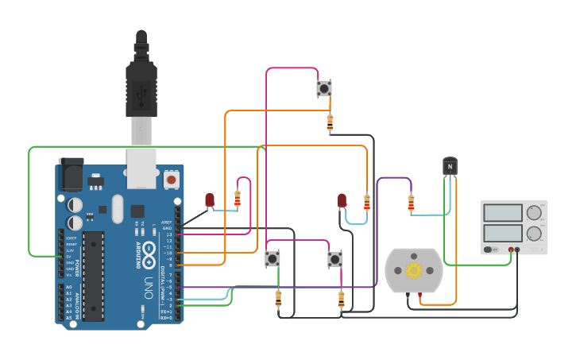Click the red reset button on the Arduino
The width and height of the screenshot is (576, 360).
(171, 180)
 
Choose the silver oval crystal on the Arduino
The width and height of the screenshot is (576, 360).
(118, 209)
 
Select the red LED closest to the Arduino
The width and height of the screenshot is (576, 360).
(210, 199)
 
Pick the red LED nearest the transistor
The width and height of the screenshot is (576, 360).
(342, 200)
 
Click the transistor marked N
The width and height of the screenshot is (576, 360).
(450, 166)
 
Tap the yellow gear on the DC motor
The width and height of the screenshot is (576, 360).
(413, 270)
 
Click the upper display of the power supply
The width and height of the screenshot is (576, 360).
(502, 212)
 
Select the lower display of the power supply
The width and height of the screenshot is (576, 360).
(502, 234)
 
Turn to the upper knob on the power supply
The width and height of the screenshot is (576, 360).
(534, 212)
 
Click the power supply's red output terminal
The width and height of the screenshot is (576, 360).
(511, 250)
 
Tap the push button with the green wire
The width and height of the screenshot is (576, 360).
(273, 258)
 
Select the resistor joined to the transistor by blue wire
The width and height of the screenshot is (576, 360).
(411, 204)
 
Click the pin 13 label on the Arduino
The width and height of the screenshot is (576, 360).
(168, 234)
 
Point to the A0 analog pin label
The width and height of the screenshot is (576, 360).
(68, 287)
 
